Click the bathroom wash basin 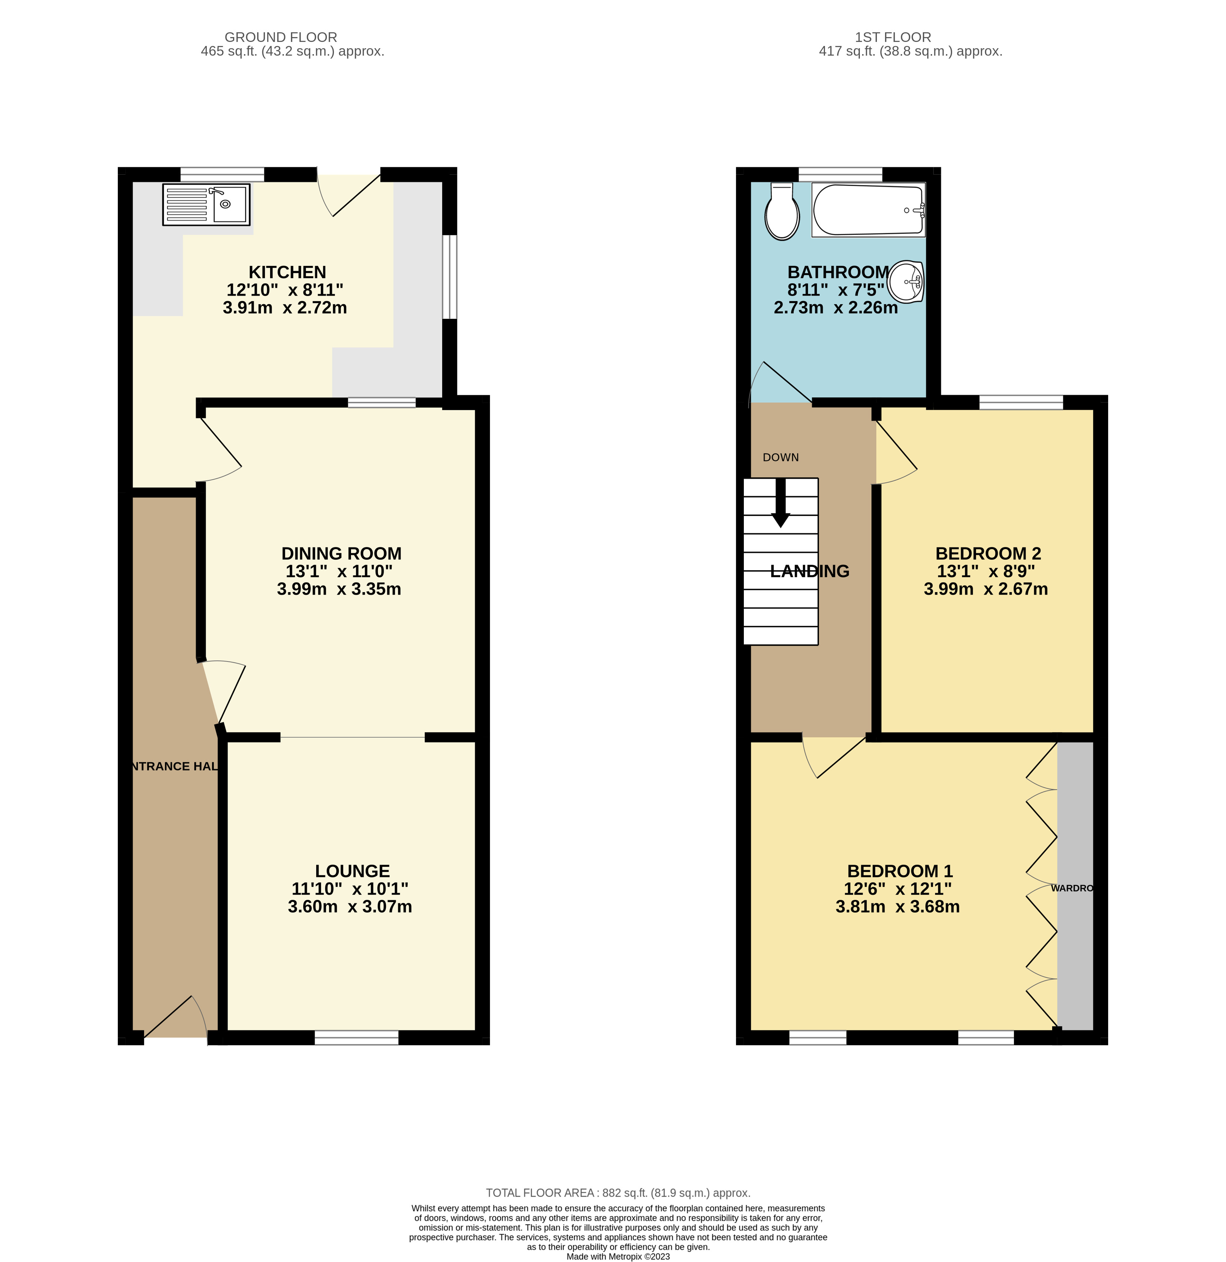click(x=907, y=281)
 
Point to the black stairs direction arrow click(x=781, y=505)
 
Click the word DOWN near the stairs click(x=781, y=457)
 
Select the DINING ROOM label click(x=341, y=554)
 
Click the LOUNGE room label click(x=352, y=871)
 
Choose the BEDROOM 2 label click(x=988, y=554)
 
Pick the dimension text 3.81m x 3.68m click(x=898, y=907)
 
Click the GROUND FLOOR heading click(x=281, y=37)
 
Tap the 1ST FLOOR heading click(x=892, y=37)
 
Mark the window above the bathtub click(x=840, y=174)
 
